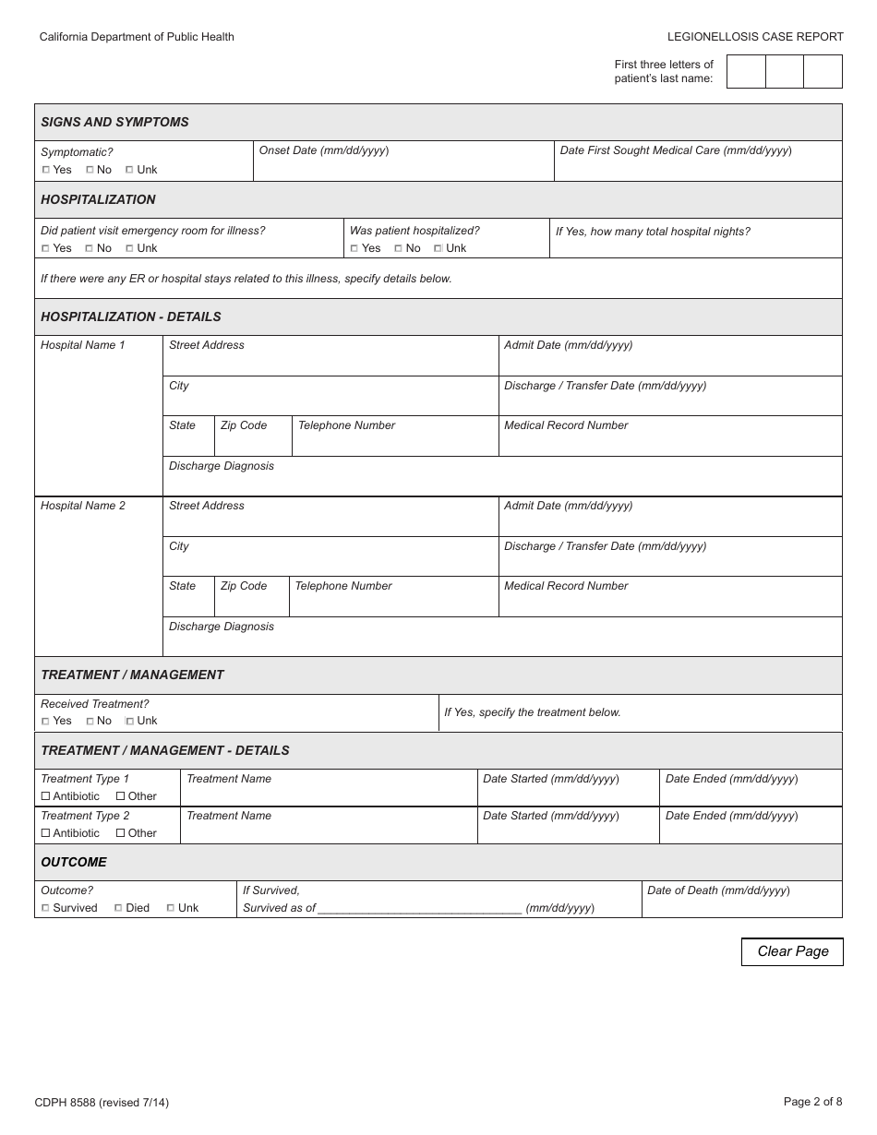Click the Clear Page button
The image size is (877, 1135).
pos(792,951)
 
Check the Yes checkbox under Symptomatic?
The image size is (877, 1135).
pos(46,170)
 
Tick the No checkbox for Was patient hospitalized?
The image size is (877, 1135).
pos(398,248)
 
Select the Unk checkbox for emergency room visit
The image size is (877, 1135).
pos(129,248)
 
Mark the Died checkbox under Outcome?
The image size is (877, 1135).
pos(118,908)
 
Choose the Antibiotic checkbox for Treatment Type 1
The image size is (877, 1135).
pos(45,796)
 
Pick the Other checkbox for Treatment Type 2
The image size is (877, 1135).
pos(120,833)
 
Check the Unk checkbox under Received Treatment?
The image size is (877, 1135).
pos(129,721)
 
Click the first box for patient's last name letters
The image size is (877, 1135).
pos(746,72)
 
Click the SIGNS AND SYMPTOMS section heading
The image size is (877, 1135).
pos(114,122)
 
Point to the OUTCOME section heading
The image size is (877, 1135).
pos(74,862)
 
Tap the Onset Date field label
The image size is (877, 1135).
pos(323,150)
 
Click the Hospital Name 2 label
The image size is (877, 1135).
pos(83,506)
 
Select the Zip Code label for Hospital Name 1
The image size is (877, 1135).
pos(244,425)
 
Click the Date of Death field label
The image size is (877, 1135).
pos(718,890)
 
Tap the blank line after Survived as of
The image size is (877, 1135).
pos(420,908)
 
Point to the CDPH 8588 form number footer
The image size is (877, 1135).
pos(102,1102)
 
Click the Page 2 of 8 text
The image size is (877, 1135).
pos(812,1101)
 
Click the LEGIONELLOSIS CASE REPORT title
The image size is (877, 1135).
pos(755,37)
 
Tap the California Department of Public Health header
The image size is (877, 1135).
pos(137,37)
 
